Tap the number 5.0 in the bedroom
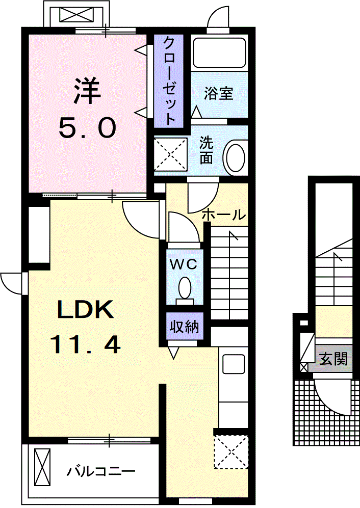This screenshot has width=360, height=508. click(x=87, y=127)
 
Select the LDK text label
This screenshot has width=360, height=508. click(x=86, y=309)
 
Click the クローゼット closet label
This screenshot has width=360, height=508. click(x=169, y=81)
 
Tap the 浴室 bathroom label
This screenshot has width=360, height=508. click(x=219, y=93)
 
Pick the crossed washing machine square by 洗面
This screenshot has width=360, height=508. click(x=171, y=153)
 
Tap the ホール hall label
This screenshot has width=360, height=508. click(x=223, y=215)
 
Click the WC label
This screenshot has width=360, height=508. click(x=184, y=264)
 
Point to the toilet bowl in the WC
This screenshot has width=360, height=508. click(x=185, y=287)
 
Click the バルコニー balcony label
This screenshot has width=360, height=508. click(x=101, y=472)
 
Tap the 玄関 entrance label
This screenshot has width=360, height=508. click(x=333, y=359)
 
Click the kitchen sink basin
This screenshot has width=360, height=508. click(x=234, y=364)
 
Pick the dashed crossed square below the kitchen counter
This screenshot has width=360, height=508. click(x=231, y=452)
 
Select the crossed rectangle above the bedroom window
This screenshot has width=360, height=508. click(x=76, y=15)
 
